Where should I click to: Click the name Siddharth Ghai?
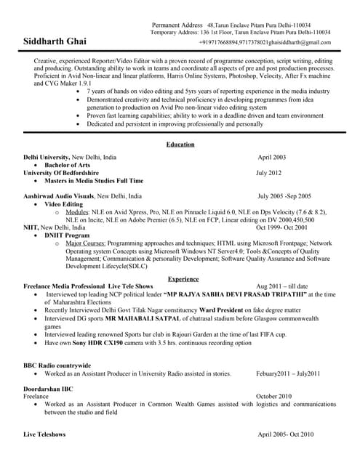tap(55, 41)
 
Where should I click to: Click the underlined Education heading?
tap(180, 145)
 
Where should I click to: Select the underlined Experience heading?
tap(183, 278)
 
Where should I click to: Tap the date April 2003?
tap(271, 157)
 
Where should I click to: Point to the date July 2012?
tap(268, 173)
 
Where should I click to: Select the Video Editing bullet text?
tap(64, 204)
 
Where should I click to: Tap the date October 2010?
tap(273, 396)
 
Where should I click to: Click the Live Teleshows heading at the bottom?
tap(44, 434)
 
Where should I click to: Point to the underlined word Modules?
tap(76, 211)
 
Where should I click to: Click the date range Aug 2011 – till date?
tap(282, 286)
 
